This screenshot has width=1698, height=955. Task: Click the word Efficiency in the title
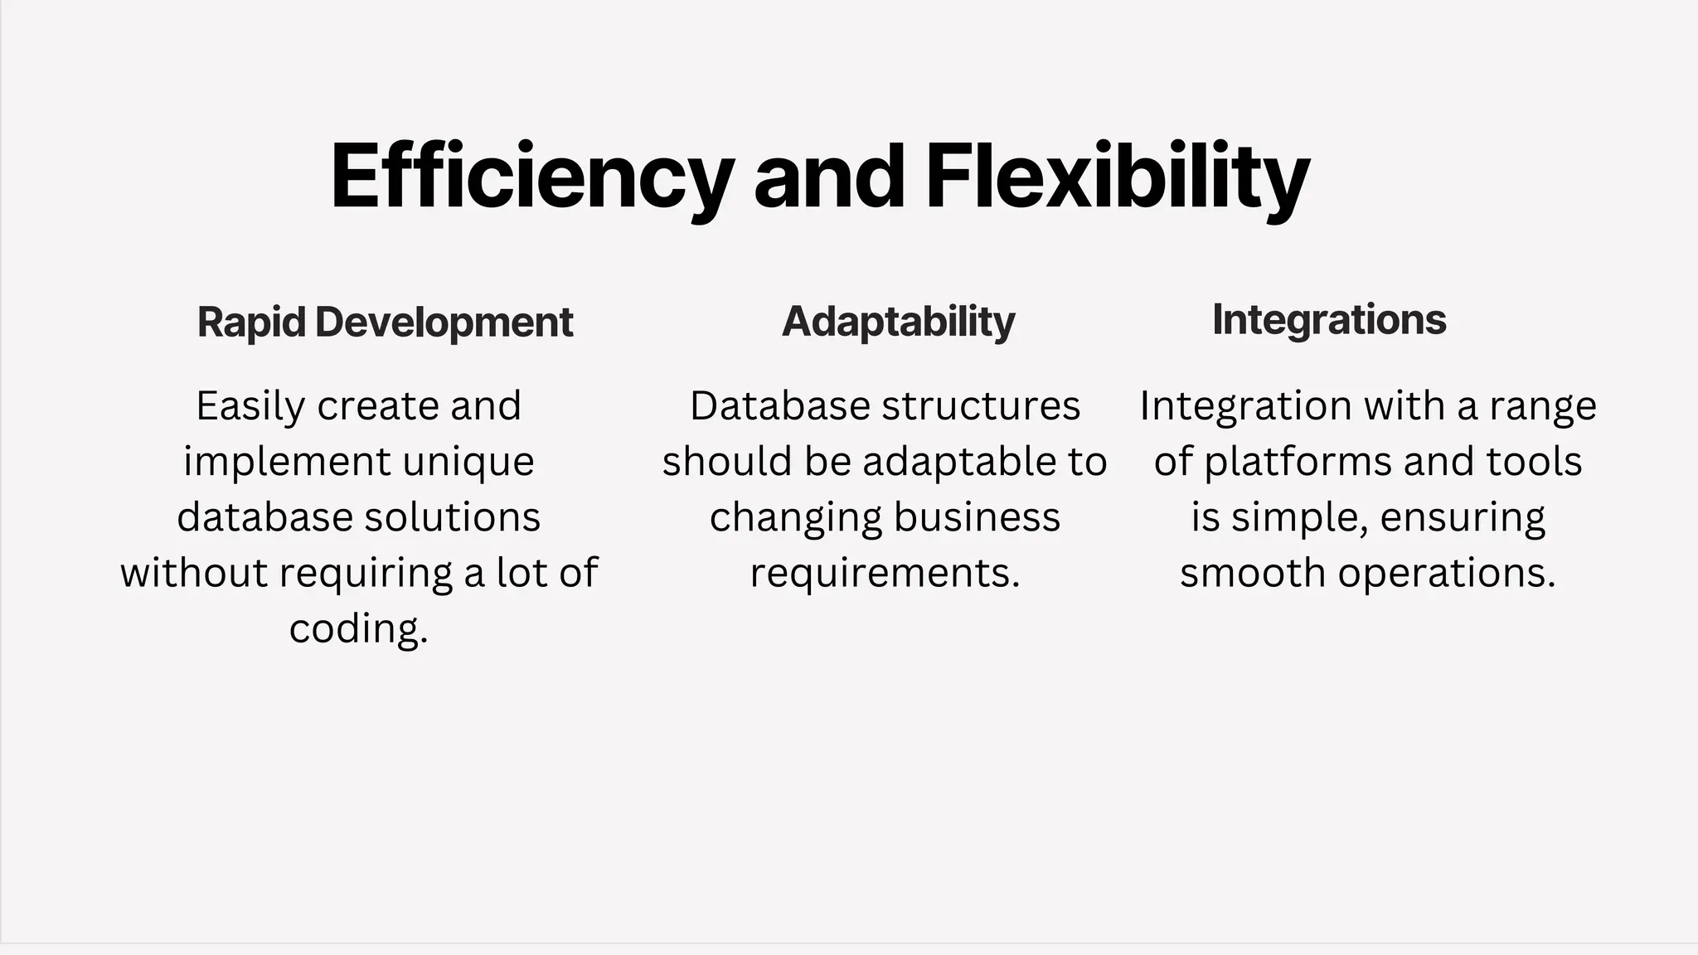(531, 177)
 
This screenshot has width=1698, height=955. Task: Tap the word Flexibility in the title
(1117, 177)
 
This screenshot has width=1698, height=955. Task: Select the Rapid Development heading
(385, 322)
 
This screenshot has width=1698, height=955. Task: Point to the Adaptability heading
(898, 322)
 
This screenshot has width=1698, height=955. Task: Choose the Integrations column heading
(1329, 319)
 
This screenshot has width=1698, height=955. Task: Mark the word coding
(358, 628)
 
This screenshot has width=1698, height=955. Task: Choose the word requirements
(885, 573)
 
